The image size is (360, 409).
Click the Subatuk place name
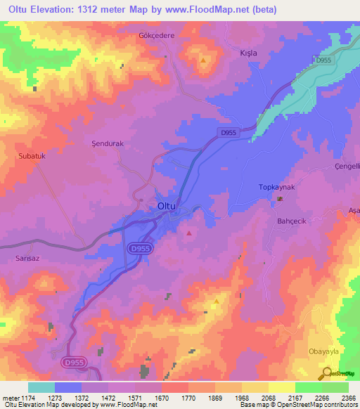(32, 156)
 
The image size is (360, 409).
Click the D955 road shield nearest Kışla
(323, 60)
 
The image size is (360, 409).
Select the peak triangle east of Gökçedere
(203, 60)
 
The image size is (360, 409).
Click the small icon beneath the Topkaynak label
(280, 199)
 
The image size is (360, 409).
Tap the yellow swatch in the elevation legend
(281, 387)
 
